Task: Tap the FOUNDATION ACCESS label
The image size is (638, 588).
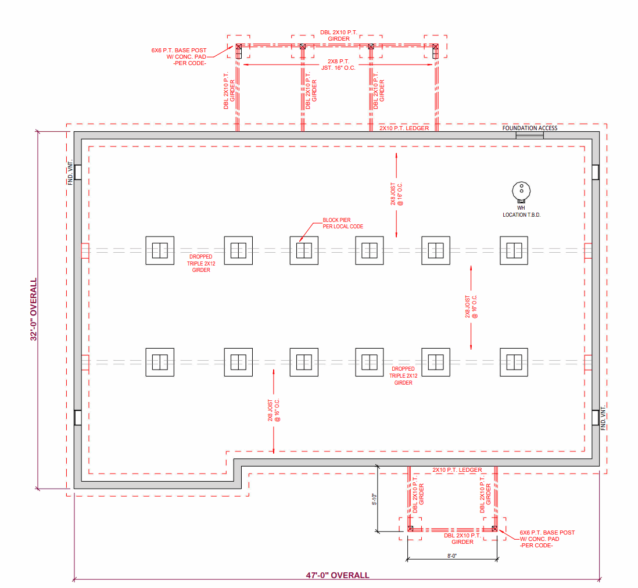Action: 530,128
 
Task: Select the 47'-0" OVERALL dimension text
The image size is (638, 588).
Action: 338,575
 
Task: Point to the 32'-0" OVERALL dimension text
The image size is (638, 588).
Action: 33,309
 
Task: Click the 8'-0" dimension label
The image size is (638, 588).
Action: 452,555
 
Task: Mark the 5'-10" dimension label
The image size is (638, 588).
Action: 374,499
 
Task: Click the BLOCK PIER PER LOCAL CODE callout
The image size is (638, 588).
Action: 343,223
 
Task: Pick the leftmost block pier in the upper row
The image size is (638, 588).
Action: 160,250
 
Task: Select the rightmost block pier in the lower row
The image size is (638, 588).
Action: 514,362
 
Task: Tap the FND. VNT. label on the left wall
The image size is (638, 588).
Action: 70,172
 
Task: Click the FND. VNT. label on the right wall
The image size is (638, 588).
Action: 603,418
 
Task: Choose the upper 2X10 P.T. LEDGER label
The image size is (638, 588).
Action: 404,128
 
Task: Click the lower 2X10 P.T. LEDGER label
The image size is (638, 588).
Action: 457,469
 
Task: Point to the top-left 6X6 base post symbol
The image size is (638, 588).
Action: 239,47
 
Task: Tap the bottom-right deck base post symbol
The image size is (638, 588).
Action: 494,529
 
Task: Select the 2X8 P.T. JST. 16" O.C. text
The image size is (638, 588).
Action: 339,64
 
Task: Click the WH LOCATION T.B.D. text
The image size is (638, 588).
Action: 521,211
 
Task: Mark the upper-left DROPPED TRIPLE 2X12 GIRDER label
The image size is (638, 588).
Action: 201,263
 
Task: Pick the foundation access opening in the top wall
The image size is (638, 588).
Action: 530,135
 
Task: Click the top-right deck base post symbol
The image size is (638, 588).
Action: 435,47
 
